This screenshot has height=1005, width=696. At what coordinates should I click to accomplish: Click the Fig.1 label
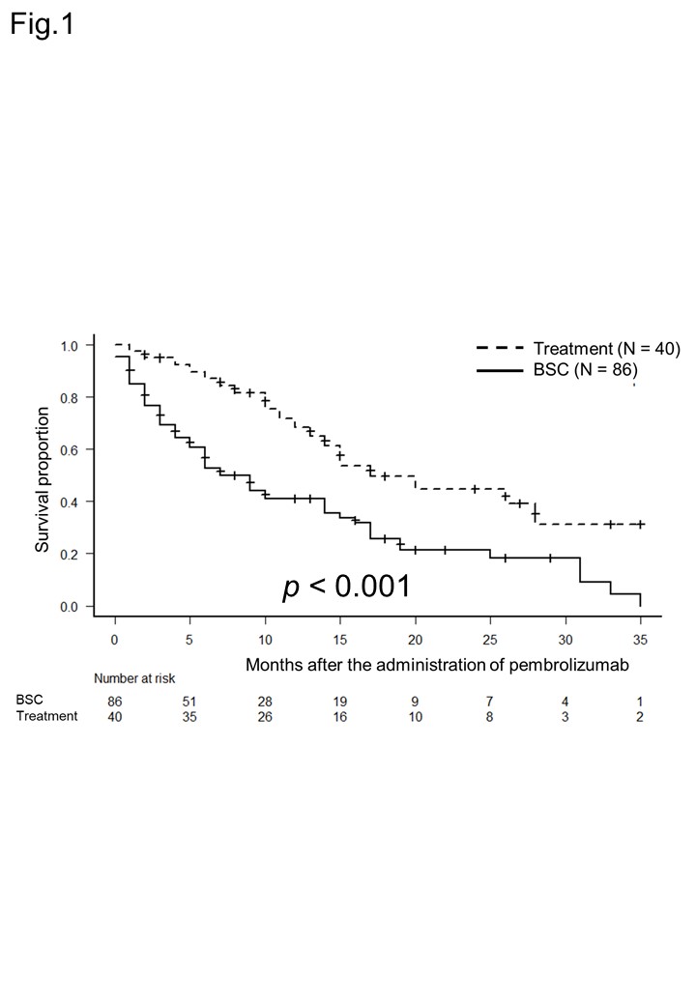tap(42, 24)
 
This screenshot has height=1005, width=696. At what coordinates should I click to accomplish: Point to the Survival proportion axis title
tap(43, 480)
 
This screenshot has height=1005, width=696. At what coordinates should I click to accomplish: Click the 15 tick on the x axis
tap(340, 640)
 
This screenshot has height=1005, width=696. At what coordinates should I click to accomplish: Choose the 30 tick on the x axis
tap(565, 640)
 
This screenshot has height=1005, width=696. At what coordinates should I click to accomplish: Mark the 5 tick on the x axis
tap(190, 640)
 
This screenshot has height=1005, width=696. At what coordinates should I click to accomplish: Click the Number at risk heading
tap(134, 678)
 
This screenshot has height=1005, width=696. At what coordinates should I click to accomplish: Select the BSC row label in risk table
tap(29, 699)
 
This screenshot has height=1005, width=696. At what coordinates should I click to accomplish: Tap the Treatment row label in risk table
tap(46, 716)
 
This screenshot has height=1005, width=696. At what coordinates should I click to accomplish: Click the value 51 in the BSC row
tap(190, 700)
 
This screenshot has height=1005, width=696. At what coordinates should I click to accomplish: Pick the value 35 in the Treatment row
tap(190, 716)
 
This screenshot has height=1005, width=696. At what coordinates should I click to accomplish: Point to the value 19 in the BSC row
tap(340, 700)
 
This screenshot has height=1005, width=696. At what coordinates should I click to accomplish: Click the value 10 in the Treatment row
tap(416, 716)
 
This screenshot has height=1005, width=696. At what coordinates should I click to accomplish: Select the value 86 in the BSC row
tap(115, 700)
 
